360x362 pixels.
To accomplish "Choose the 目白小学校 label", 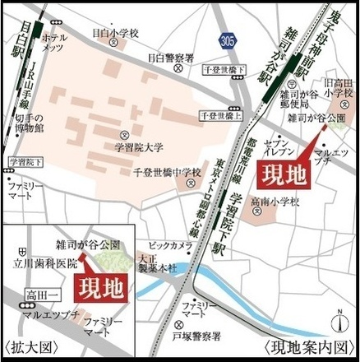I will [115, 34].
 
